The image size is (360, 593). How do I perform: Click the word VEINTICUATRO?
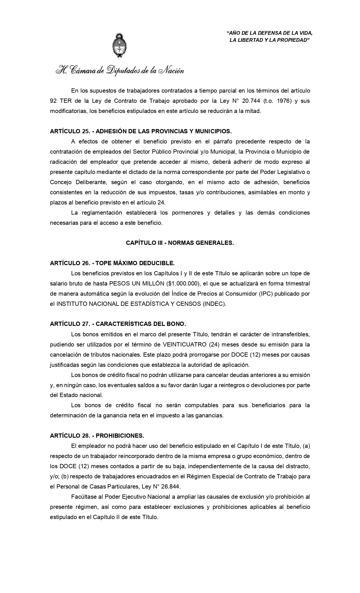click(185, 345)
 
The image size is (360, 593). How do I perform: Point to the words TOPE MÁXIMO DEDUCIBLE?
click(135, 263)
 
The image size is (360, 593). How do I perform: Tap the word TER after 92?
click(66, 101)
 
